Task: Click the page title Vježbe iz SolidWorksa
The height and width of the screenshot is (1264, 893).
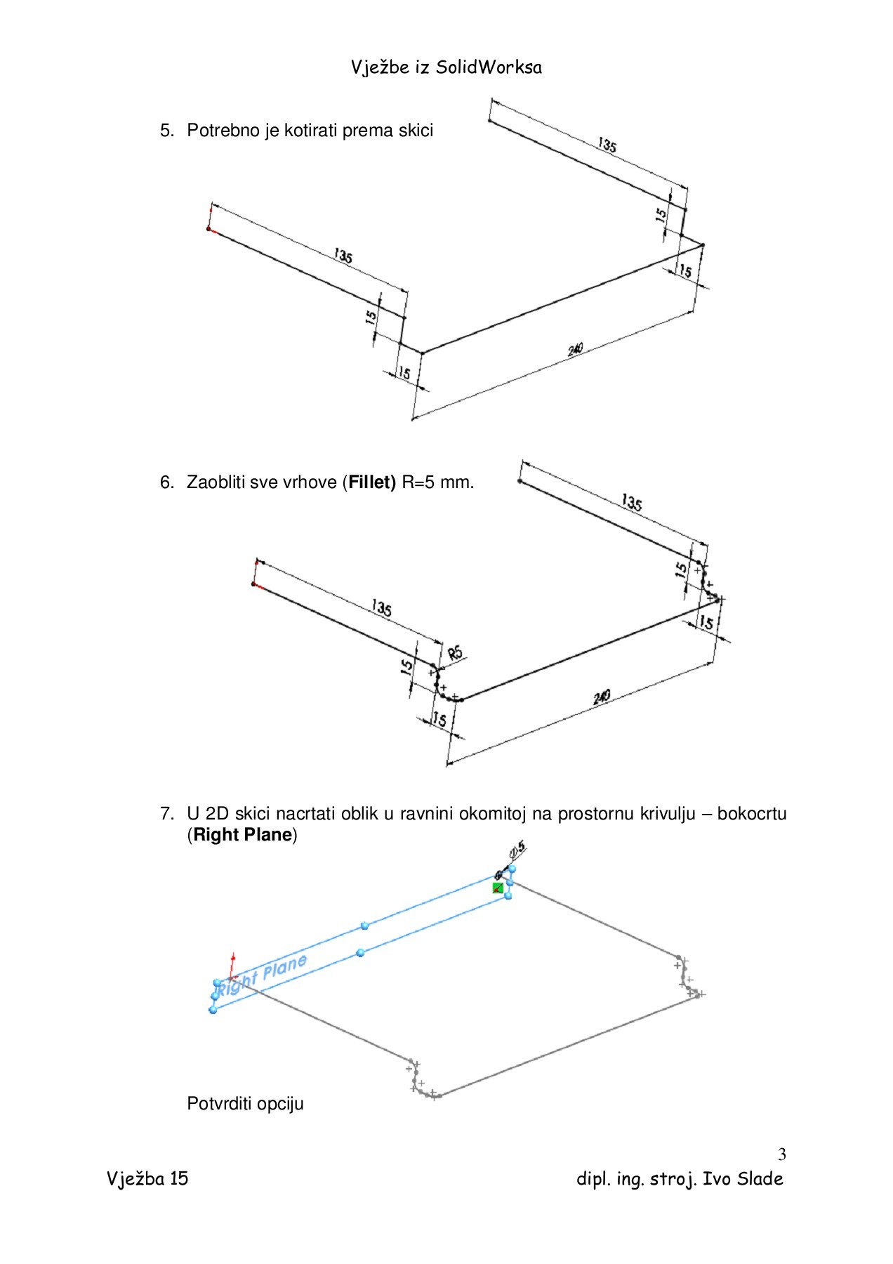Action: [446, 67]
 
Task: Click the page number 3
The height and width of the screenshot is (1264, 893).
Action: [781, 1154]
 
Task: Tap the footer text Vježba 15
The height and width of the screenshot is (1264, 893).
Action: [147, 1178]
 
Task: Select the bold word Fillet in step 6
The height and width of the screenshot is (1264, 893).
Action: [372, 482]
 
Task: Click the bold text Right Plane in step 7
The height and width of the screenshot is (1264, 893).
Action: [242, 835]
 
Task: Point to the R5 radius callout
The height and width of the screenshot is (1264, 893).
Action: [456, 653]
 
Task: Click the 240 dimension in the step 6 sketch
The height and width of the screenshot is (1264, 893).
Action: [602, 697]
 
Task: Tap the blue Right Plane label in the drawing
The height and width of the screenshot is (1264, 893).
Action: [262, 975]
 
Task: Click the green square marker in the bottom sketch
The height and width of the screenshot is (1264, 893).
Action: [498, 888]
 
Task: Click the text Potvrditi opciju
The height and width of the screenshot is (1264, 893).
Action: [245, 1104]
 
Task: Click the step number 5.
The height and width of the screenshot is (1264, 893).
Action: [166, 131]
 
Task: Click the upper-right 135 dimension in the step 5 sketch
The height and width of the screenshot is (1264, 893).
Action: [607, 145]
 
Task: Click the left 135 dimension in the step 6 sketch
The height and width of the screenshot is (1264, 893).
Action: [381, 607]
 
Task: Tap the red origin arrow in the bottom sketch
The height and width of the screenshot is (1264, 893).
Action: [232, 966]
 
